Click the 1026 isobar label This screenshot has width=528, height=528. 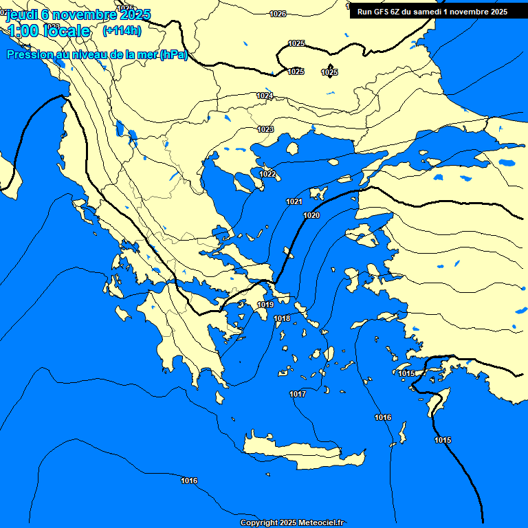[x=278, y=14]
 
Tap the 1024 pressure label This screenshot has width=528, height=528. [x=265, y=96]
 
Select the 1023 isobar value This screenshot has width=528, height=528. [x=266, y=129]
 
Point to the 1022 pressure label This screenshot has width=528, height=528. [x=267, y=174]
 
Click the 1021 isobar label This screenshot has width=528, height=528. [x=294, y=201]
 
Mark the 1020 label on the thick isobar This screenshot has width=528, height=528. [x=311, y=215]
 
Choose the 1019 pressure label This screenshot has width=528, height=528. [x=265, y=305]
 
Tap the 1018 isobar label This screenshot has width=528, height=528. [x=282, y=318]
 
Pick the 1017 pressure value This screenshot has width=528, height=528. [x=298, y=394]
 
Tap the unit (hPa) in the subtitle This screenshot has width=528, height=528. [x=173, y=55]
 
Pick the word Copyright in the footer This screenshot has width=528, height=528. [x=259, y=523]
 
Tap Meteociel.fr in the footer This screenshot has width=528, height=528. [x=322, y=523]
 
